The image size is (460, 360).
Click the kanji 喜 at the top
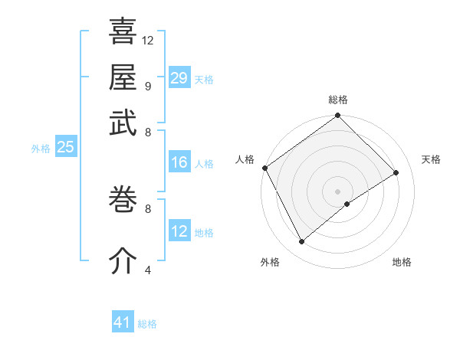(123, 32)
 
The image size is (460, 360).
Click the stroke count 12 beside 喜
(148, 40)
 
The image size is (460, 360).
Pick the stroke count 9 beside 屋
(147, 85)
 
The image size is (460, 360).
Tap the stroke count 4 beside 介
(147, 270)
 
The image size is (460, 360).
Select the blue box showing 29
(179, 78)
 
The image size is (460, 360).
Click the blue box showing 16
(179, 162)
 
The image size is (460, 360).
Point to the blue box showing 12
(179, 231)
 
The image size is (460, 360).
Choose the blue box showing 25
(65, 147)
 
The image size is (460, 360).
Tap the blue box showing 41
(123, 323)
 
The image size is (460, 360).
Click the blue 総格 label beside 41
(147, 324)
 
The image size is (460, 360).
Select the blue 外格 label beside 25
(40, 149)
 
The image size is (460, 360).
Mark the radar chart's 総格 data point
(337, 116)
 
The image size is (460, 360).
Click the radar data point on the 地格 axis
(347, 204)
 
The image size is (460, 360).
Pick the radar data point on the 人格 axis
(264, 168)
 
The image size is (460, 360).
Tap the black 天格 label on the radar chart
(431, 159)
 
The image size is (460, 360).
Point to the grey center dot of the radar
(337, 191)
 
